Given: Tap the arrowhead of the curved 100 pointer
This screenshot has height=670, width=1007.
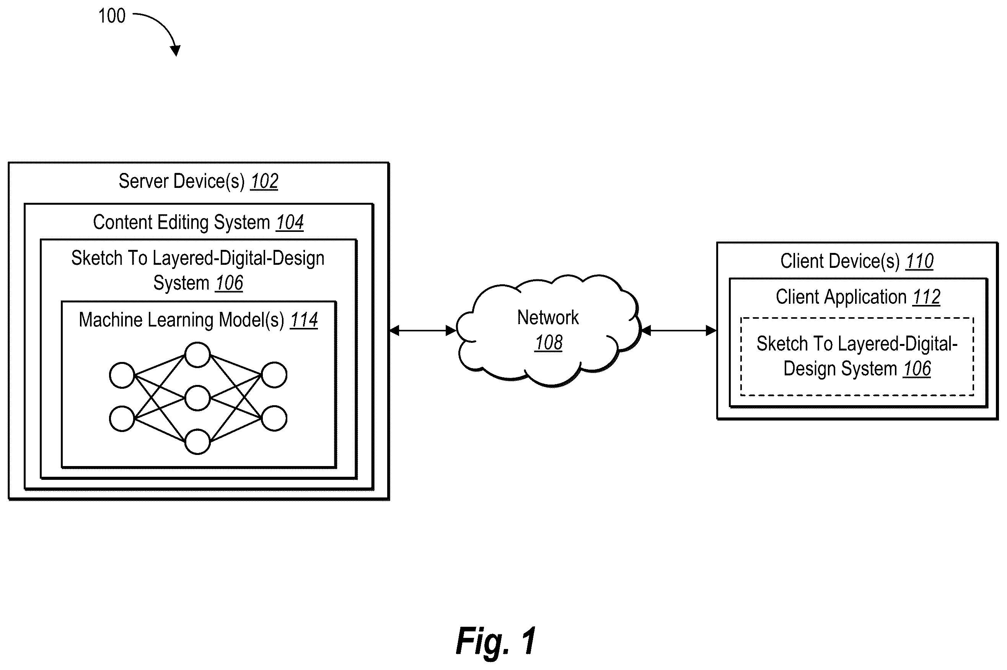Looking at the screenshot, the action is click(x=175, y=51).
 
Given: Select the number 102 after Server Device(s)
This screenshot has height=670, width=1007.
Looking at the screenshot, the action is click(x=264, y=181).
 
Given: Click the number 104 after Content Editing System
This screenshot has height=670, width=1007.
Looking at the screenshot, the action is click(x=290, y=222).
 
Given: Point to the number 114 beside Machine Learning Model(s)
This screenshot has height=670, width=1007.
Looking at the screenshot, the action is click(x=304, y=320).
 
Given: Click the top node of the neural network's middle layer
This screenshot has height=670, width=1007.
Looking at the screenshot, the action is click(x=197, y=355).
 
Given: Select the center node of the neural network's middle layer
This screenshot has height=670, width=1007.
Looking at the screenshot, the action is click(x=197, y=398).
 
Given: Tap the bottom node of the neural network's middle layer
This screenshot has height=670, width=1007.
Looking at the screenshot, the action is click(x=197, y=442).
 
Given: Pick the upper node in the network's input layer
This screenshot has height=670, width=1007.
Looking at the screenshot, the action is click(x=122, y=375).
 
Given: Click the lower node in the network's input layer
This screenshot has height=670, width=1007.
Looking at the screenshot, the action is click(x=122, y=418).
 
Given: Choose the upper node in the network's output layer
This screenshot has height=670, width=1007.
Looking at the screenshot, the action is click(x=274, y=375).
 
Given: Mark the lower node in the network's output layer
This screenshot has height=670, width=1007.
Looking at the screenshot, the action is click(x=274, y=418).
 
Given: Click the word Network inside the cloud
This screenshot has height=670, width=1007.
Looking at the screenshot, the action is click(x=548, y=318).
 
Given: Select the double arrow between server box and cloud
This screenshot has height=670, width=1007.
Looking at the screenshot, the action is click(x=422, y=330).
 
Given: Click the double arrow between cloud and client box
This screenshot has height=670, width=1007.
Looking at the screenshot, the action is click(x=679, y=330).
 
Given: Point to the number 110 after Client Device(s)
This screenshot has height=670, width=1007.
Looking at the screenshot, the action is click(x=919, y=261).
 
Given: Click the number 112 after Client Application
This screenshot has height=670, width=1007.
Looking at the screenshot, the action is click(x=926, y=297).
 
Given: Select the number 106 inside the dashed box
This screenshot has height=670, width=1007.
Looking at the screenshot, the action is click(x=917, y=369).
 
